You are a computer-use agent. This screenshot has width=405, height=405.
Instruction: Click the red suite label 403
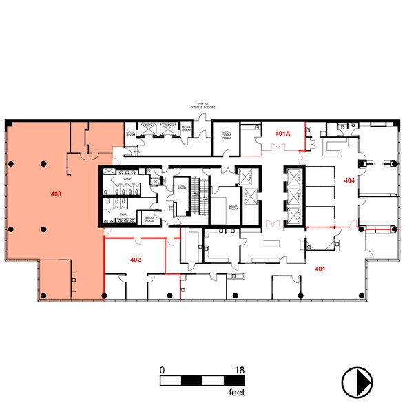click(x=56, y=195)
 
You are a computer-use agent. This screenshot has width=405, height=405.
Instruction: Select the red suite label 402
click(x=136, y=260)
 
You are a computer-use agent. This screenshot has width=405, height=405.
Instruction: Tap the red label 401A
click(x=283, y=132)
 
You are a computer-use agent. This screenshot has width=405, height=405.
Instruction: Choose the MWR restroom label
click(x=123, y=214)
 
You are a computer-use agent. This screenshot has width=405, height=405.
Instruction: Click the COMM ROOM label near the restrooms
click(x=150, y=219)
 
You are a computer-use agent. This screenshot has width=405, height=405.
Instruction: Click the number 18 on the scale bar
click(x=240, y=370)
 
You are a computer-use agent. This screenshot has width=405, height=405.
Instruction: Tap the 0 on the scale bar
click(x=162, y=370)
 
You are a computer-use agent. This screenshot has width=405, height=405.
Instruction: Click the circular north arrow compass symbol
click(x=357, y=380)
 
